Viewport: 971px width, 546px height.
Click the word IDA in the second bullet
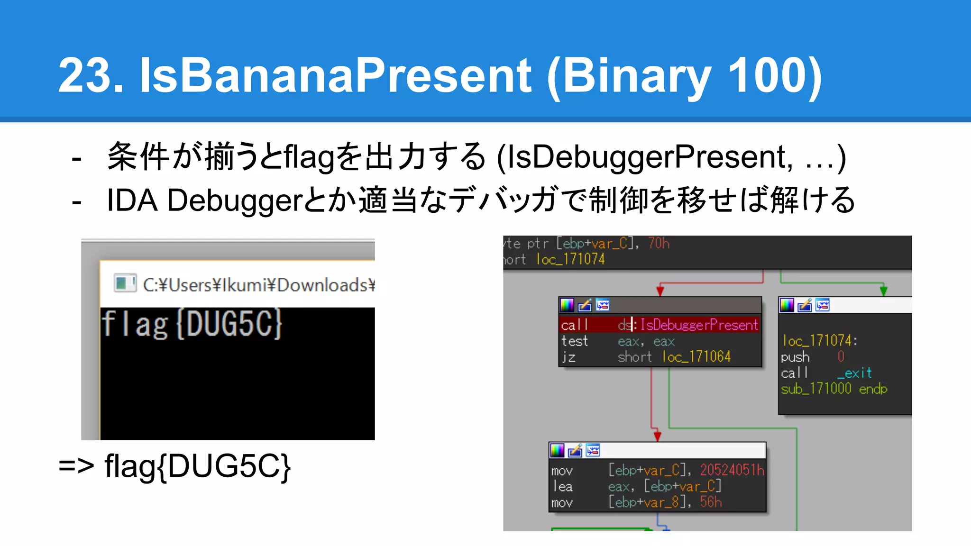[x=132, y=200]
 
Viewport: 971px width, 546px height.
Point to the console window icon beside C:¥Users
[x=125, y=283]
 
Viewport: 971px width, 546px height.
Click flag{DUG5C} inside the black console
[x=192, y=325]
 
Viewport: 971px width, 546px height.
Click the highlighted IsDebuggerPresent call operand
[x=698, y=325]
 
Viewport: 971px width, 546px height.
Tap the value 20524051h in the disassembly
[x=732, y=470]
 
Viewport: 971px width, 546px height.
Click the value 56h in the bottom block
[x=710, y=502]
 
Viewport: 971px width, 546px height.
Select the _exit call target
[x=854, y=373]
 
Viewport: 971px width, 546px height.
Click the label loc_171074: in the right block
[x=819, y=341]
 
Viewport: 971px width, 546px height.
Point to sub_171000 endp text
[x=834, y=389]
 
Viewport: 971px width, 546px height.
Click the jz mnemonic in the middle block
[x=568, y=357]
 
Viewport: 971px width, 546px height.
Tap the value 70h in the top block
[x=659, y=244]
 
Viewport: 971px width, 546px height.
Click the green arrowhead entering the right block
[x=883, y=291]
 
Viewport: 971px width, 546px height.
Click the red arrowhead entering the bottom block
[x=657, y=436]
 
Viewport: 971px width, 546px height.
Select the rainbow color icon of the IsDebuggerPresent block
[x=567, y=305]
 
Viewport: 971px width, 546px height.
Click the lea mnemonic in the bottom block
[x=563, y=486]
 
